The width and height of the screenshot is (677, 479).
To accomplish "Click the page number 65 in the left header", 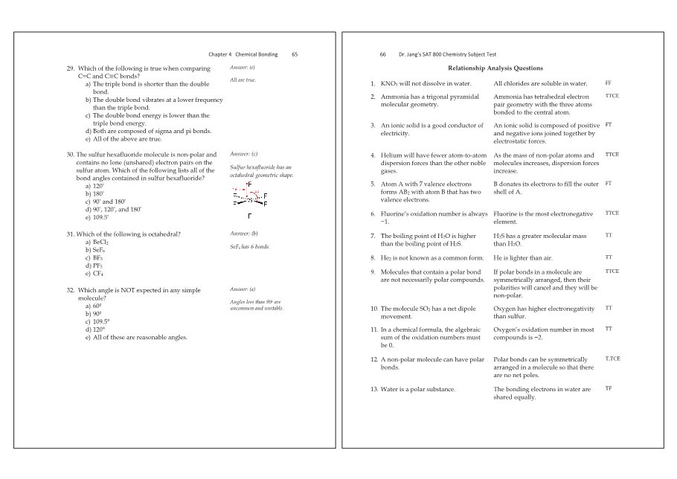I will (295, 54).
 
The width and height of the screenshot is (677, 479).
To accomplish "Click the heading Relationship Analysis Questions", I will (495, 68).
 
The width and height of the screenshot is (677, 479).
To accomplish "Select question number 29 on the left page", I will (71, 68).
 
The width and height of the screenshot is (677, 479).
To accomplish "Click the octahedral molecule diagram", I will (250, 196).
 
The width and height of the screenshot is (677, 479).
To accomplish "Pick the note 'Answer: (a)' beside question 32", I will (243, 289).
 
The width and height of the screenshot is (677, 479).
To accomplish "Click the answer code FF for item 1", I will (609, 83).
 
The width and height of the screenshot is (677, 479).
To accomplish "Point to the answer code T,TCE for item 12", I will (612, 359).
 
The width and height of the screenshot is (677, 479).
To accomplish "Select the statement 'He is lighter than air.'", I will (524, 258).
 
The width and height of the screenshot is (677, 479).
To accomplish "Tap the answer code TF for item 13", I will (609, 388).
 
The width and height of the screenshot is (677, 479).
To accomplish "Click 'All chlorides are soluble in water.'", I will (540, 84).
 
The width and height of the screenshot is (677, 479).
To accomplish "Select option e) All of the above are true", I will (123, 139).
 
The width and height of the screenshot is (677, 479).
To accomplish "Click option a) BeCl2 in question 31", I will (97, 242).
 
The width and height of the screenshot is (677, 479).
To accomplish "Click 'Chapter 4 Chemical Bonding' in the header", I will (243, 54).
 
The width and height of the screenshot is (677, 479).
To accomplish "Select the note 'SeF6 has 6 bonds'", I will (249, 246).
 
